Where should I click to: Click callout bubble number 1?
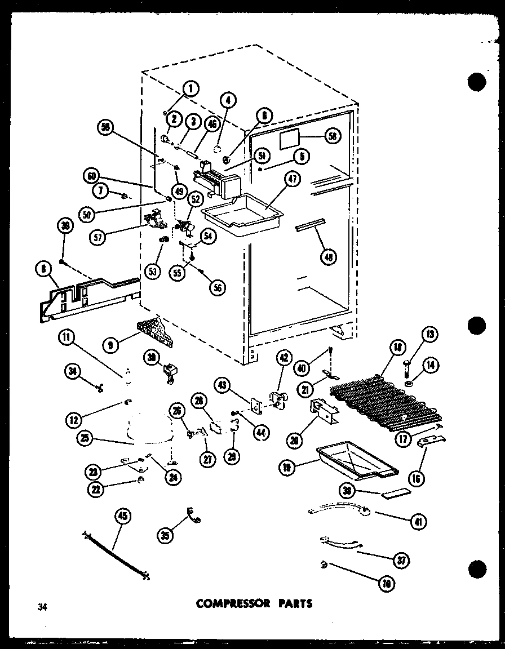(x=192, y=88)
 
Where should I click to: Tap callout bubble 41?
(x=418, y=521)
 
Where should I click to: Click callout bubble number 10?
(x=386, y=583)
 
